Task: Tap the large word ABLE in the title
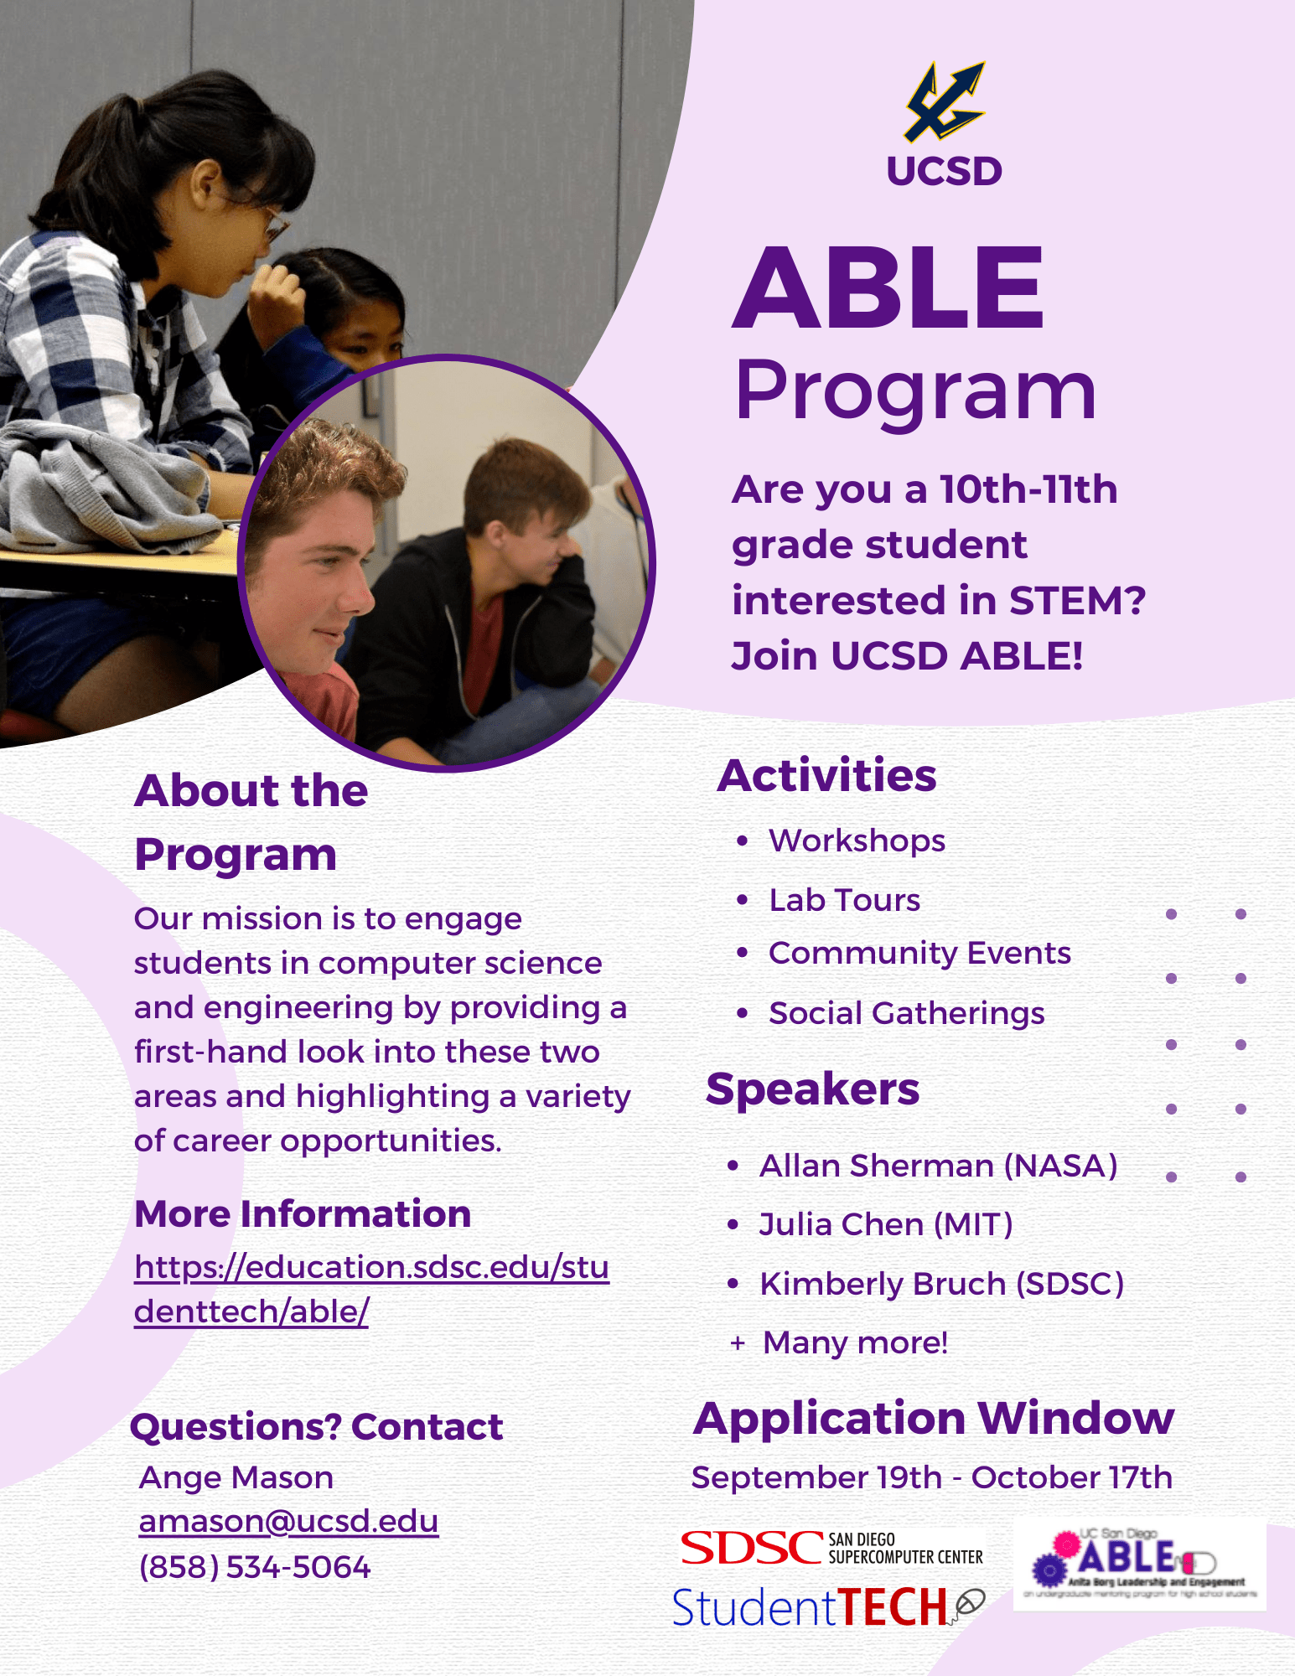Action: (x=889, y=288)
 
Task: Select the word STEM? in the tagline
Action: (x=1077, y=601)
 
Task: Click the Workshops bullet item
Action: (x=857, y=841)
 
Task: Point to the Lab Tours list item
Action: (x=844, y=900)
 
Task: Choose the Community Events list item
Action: (x=919, y=954)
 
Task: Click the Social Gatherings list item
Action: (x=906, y=1014)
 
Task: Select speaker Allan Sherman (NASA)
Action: (x=938, y=1166)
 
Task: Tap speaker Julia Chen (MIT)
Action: (x=886, y=1225)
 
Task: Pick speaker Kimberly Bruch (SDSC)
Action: (x=941, y=1284)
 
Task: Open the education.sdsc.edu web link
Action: (x=371, y=1290)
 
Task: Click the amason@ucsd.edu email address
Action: (x=288, y=1522)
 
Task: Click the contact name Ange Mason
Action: (x=236, y=1478)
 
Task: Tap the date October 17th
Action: (x=1071, y=1478)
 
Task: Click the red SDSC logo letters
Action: (x=751, y=1549)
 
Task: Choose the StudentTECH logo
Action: (x=826, y=1607)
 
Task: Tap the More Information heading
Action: (x=303, y=1214)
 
